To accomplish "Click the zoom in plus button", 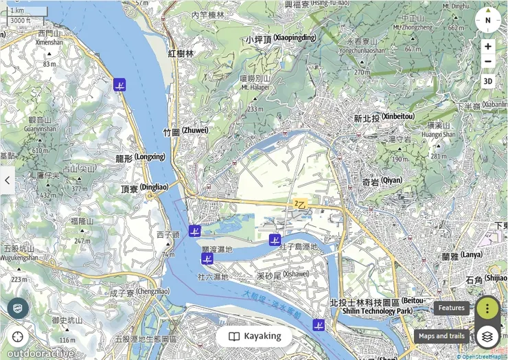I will (488, 47).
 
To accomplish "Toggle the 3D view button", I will (488, 81).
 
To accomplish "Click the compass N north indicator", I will (488, 20).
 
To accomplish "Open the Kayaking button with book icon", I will (254, 336).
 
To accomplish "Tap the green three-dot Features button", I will (487, 308).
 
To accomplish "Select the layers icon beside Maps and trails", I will (487, 336).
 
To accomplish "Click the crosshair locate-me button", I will (18, 337).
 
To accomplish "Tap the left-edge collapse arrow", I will (7, 180).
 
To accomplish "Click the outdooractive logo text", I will (41, 353).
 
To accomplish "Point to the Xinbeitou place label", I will (384, 117).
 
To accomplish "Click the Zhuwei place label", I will (185, 131).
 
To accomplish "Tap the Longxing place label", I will (141, 157).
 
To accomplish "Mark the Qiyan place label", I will (382, 181).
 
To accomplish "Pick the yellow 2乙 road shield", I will (300, 204).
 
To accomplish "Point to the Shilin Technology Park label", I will (377, 306).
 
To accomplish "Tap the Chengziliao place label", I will (139, 292).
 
